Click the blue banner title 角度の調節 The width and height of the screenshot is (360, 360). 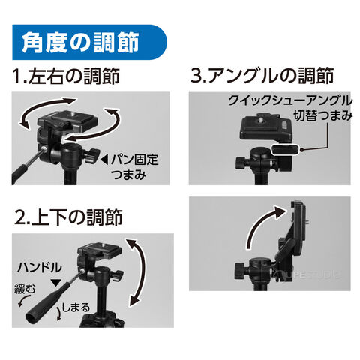[x=80, y=42]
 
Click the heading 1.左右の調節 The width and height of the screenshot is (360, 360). [x=66, y=76]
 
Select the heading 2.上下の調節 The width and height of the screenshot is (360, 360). [x=68, y=217]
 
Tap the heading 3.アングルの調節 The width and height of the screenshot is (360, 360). [x=262, y=75]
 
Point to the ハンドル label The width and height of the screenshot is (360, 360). [x=39, y=267]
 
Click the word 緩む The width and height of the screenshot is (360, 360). [x=25, y=289]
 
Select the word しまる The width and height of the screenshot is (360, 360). [x=76, y=307]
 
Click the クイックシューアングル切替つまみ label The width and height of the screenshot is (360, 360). [x=290, y=108]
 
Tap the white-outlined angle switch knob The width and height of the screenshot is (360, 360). [x=285, y=149]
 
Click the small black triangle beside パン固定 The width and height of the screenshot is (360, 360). [x=104, y=160]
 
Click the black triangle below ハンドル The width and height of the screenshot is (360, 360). [x=55, y=283]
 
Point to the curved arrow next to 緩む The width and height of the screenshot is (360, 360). [x=24, y=298]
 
